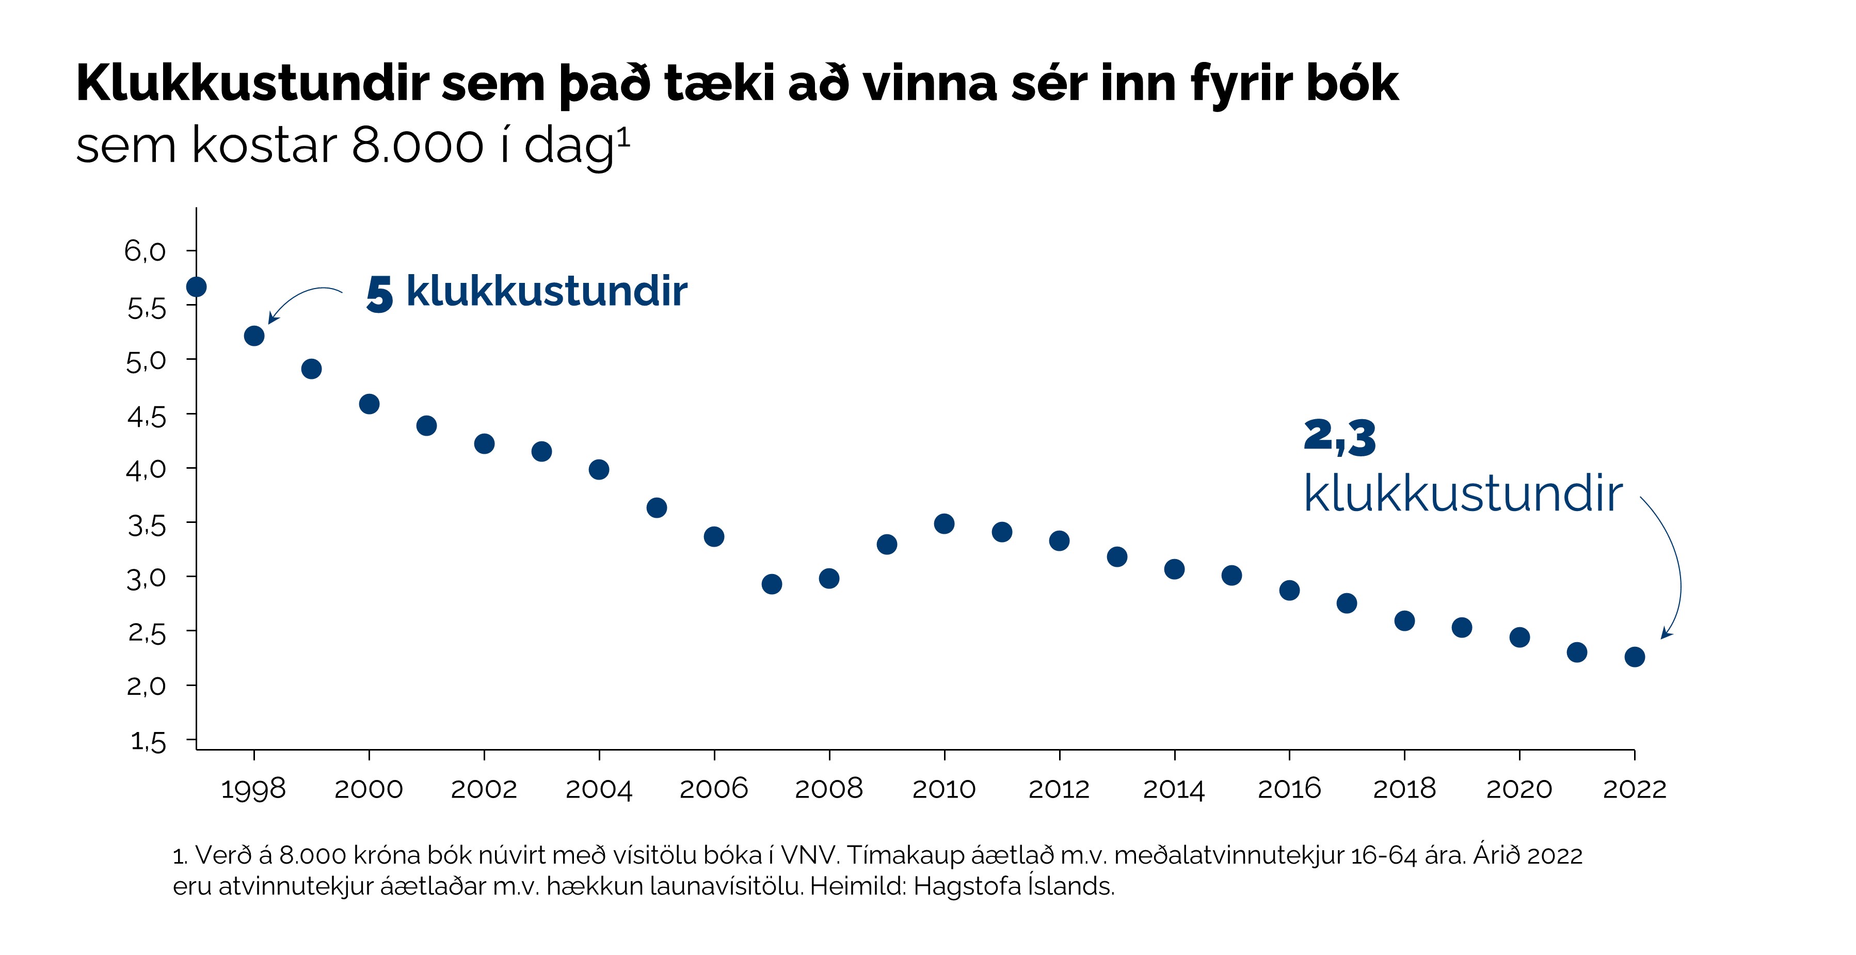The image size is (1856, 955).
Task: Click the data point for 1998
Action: coord(253,336)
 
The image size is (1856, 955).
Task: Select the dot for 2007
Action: coord(772,584)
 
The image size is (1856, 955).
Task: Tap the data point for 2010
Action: coord(944,524)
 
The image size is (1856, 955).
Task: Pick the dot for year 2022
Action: coord(1635,657)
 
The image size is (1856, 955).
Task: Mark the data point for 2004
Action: coord(599,470)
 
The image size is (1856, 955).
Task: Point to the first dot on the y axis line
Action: coord(196,287)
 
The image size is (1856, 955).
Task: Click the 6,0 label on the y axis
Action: coord(145,251)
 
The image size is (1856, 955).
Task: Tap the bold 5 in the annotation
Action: coord(380,294)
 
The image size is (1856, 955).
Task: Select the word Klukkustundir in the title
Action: coord(253,84)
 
